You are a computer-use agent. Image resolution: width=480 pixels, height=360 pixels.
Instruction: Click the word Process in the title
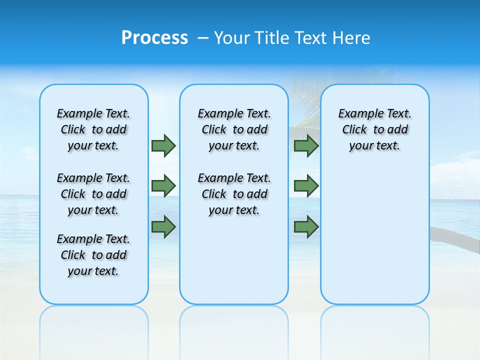pyautogui.click(x=154, y=37)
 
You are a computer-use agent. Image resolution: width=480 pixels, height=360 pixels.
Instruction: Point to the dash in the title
pyautogui.click(x=203, y=38)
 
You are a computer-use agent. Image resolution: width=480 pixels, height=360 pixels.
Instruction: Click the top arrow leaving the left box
pyautogui.click(x=163, y=145)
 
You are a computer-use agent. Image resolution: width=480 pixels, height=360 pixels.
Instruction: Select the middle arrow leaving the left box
pyautogui.click(x=163, y=186)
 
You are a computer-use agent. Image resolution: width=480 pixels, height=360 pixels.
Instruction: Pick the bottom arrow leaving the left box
pyautogui.click(x=163, y=227)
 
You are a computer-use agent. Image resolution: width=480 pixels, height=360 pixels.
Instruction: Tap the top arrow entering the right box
pyautogui.click(x=306, y=145)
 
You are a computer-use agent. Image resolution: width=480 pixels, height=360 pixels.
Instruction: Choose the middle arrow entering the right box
pyautogui.click(x=306, y=186)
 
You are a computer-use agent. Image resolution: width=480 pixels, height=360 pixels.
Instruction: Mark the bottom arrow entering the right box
pyautogui.click(x=306, y=227)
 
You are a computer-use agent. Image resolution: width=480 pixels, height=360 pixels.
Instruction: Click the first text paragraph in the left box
pyautogui.click(x=93, y=129)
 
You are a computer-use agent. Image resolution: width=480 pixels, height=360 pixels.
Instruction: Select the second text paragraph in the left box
pyautogui.click(x=93, y=194)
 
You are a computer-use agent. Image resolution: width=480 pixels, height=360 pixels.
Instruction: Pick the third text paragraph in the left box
pyautogui.click(x=93, y=255)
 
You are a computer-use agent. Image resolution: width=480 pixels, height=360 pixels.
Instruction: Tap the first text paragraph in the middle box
pyautogui.click(x=234, y=129)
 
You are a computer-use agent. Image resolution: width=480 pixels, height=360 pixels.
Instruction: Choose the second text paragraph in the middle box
pyautogui.click(x=234, y=194)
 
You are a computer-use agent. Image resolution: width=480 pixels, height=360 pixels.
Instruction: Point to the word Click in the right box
pyautogui.click(x=354, y=130)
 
